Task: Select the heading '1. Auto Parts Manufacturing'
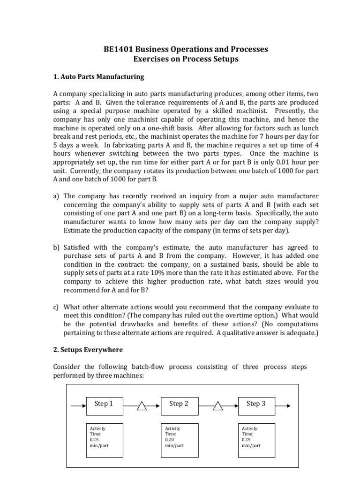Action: [x=99, y=76]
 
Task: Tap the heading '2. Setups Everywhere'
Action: [x=88, y=349]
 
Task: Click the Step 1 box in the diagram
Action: [x=104, y=404]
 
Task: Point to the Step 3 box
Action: [x=255, y=404]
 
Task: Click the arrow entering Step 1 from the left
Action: [x=78, y=404]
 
